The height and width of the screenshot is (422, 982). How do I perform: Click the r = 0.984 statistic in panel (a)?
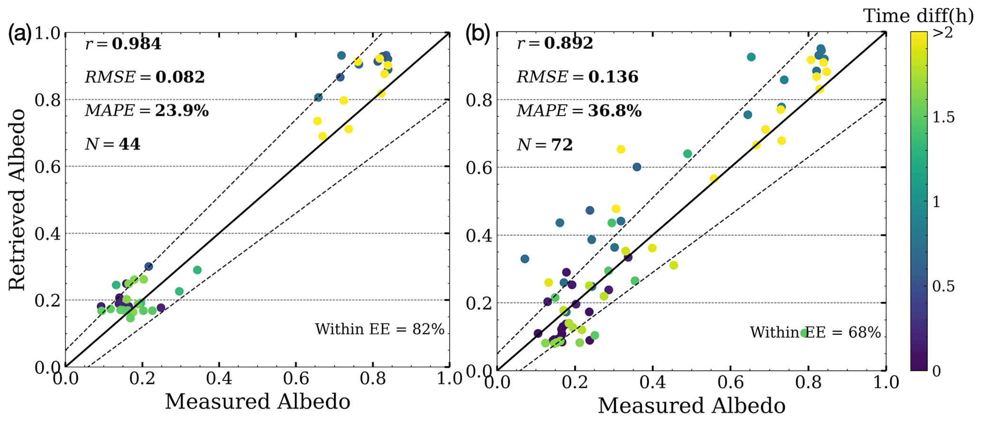click(123, 44)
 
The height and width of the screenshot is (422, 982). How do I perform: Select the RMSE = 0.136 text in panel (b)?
click(577, 77)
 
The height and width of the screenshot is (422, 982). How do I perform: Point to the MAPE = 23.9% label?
click(146, 111)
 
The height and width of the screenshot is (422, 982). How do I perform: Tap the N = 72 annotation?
click(544, 145)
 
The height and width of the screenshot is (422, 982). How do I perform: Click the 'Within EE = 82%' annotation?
click(379, 329)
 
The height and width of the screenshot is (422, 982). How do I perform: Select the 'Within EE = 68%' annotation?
click(815, 333)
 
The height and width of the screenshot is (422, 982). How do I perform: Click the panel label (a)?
click(19, 34)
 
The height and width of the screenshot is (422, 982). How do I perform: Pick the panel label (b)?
click(477, 34)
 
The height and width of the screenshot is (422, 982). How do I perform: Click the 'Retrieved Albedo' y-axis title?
click(17, 200)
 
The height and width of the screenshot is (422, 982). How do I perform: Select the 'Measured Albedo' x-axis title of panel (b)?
click(691, 406)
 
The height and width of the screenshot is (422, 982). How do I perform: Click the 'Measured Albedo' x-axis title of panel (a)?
click(257, 402)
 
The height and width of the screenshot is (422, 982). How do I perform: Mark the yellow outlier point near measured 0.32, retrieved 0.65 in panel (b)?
click(620, 149)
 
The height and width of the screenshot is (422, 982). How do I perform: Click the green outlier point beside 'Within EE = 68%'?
click(804, 333)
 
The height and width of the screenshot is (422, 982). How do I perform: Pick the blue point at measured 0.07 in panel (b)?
click(524, 259)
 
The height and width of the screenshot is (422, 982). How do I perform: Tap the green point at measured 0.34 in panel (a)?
click(197, 270)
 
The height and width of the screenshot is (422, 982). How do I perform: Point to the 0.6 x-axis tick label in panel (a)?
click(296, 379)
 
